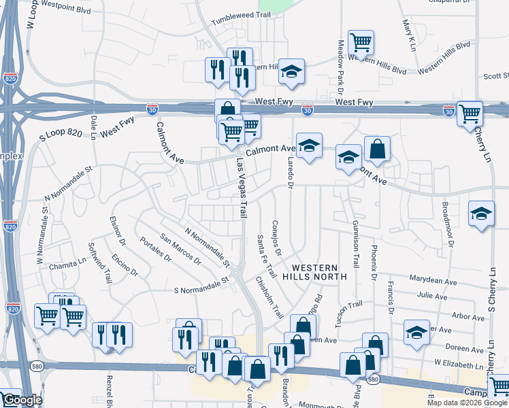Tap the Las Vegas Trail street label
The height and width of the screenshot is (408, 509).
coord(241,188)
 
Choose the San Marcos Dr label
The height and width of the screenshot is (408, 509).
coord(180,249)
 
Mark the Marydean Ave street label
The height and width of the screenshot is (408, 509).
coord(433,279)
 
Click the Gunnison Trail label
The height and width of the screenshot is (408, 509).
coord(355,243)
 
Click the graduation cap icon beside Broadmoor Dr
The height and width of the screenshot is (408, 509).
coord(481,214)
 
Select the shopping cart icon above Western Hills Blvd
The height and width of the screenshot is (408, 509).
coord(361,42)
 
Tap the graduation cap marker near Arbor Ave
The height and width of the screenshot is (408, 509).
coord(417,332)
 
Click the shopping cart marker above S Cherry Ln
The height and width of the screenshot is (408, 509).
coord(470,114)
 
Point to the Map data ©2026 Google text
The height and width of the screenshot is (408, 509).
coord(467,403)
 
